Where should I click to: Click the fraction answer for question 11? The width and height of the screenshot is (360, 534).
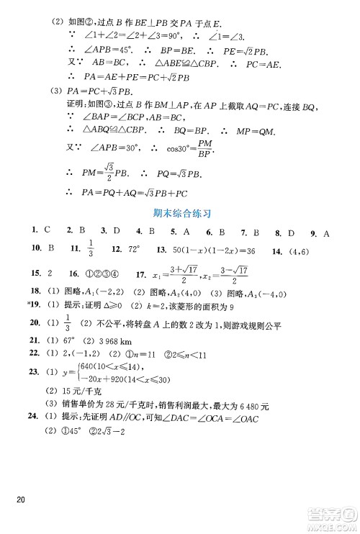(93, 248)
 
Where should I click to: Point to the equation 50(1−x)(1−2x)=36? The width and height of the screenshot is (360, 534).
(214, 250)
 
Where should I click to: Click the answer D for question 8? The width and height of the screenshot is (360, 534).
(291, 232)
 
